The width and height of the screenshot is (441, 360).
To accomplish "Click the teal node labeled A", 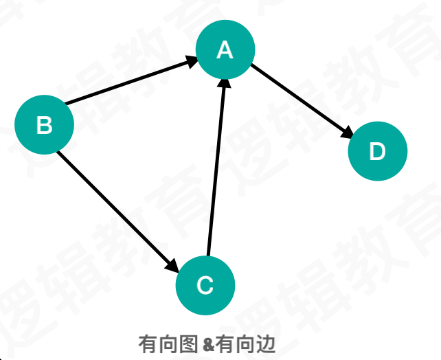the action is pos(225,49).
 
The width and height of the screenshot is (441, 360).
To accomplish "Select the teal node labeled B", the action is pos(44,124).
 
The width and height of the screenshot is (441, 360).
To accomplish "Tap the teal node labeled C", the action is pos(205,284).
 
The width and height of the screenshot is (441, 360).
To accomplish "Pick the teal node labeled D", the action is pos(378,151).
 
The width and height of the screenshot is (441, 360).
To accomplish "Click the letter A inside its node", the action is pos(225,49).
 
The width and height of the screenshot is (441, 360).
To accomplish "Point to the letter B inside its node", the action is pos(44,125).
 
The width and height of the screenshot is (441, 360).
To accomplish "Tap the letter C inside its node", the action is pos(205,284).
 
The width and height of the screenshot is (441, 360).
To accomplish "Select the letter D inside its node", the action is pos(378,152).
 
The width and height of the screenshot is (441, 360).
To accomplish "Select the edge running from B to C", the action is pos(113,207).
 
